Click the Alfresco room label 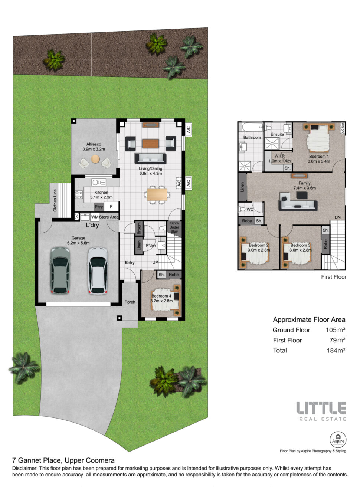pos(94,144)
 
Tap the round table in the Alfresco pos(95,159)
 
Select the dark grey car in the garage pos(60,270)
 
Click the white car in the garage pos(98,270)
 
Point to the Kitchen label pos(101,192)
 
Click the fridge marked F pos(111,206)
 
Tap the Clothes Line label pos(55,200)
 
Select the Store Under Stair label pos(174,227)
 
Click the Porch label pos(130,302)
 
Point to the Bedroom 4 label pos(161,296)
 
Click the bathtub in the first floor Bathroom pos(252,127)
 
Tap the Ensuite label pos(277,134)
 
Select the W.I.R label pos(279,156)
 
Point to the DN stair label pos(338,217)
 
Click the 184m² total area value pos(336,350)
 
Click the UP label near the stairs pos(155,262)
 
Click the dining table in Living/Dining pos(157,194)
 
